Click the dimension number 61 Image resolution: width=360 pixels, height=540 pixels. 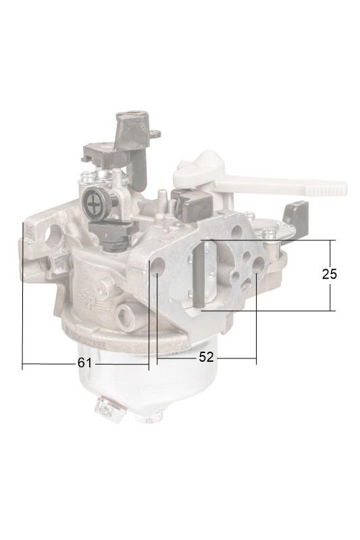click(x=84, y=362)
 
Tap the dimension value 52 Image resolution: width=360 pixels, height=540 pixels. click(x=207, y=357)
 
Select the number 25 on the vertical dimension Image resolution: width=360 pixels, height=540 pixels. click(x=330, y=274)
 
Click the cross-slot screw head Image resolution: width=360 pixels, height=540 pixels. click(x=93, y=205)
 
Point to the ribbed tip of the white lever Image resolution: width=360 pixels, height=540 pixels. click(x=326, y=188)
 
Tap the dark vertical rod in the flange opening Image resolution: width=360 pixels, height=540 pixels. click(x=197, y=275)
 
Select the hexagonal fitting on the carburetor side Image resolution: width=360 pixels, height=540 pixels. click(x=125, y=315)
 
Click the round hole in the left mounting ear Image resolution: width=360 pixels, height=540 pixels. click(x=55, y=234)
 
